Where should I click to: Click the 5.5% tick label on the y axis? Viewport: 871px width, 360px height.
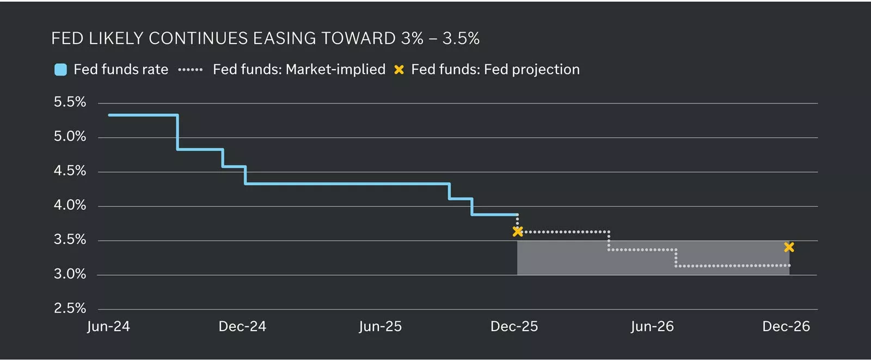coord(70,102)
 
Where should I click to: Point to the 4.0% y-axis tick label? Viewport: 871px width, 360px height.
coord(70,205)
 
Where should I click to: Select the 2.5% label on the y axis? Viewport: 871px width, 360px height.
coord(70,308)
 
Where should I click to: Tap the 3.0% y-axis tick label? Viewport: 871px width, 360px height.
coord(70,274)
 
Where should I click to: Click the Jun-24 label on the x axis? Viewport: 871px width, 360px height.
coord(108,326)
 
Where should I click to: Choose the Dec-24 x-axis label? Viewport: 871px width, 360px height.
coord(242,326)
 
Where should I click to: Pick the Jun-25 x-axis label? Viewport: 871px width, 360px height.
coord(380,326)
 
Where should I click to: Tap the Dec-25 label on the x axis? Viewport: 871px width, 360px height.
coord(514,326)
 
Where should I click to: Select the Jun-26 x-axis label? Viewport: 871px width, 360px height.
coord(652,326)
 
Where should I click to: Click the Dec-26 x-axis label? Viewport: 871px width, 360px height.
coord(786,326)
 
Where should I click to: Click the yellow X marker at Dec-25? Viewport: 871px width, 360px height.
coord(518,231)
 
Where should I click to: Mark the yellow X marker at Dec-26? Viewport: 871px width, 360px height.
coord(789,247)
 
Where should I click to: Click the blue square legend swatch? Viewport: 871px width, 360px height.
coord(60,70)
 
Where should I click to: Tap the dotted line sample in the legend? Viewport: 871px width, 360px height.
coord(191,70)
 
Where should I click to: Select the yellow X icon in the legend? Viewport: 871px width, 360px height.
coord(399,70)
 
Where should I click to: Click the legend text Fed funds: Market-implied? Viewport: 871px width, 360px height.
coord(299,70)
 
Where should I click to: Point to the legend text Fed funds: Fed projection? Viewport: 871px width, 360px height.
coord(495,70)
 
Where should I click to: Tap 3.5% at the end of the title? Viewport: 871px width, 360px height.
coord(461,38)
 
